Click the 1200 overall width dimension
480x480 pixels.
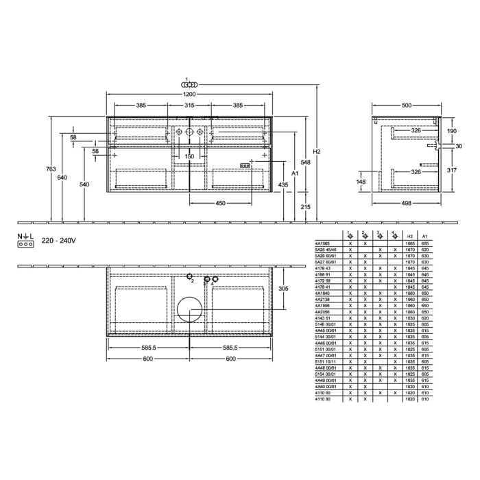pyautogui.click(x=190, y=94)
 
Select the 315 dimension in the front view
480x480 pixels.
pyautogui.click(x=190, y=106)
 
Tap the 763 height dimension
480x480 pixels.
pyautogui.click(x=43, y=169)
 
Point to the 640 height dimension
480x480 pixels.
pyautogui.click(x=62, y=178)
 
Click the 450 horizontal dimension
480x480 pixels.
pyautogui.click(x=221, y=203)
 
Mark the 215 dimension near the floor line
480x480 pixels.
pyautogui.click(x=305, y=206)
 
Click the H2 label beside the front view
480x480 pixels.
pyautogui.click(x=315, y=152)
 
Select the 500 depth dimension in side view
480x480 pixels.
pyautogui.click(x=407, y=106)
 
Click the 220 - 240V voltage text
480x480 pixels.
pyautogui.click(x=58, y=241)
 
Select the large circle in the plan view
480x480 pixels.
pyautogui.click(x=189, y=309)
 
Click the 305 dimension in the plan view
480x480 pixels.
pyautogui.click(x=284, y=289)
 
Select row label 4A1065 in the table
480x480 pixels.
pyautogui.click(x=322, y=243)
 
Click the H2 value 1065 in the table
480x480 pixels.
pyautogui.click(x=410, y=243)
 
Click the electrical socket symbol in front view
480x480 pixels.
pyautogui.click(x=244, y=165)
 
